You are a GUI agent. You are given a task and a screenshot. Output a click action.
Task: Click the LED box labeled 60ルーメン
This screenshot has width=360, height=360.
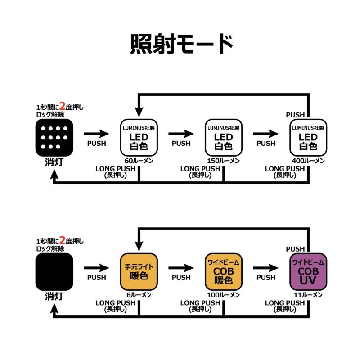[139, 137]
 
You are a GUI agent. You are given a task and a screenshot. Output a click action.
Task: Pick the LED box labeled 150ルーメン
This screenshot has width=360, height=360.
[223, 137]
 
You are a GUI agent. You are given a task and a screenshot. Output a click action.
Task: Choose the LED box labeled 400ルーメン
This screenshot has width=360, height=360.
[308, 137]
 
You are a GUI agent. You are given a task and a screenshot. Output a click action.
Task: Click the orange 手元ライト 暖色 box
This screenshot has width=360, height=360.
[139, 271]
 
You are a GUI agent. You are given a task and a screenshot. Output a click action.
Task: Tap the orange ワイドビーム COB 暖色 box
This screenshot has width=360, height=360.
[223, 271]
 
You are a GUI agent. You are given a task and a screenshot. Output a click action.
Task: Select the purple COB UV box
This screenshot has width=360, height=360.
[308, 271]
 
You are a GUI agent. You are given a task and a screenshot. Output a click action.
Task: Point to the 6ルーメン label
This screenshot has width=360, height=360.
[139, 294]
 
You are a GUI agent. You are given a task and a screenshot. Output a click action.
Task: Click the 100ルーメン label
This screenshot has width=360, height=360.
[223, 294]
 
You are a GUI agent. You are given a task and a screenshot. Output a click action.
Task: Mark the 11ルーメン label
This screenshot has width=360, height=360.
[308, 294]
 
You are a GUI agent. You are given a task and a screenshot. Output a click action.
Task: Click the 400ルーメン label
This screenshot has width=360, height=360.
[308, 161]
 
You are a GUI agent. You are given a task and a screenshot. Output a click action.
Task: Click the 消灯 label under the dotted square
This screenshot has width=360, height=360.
[54, 162]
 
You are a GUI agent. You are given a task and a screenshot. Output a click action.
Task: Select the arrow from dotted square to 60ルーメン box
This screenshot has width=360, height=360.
[96, 134]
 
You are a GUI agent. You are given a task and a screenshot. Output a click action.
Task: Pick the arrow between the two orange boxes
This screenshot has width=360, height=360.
[181, 268]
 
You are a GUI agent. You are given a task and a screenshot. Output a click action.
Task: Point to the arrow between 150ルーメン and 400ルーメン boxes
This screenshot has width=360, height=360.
[265, 134]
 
